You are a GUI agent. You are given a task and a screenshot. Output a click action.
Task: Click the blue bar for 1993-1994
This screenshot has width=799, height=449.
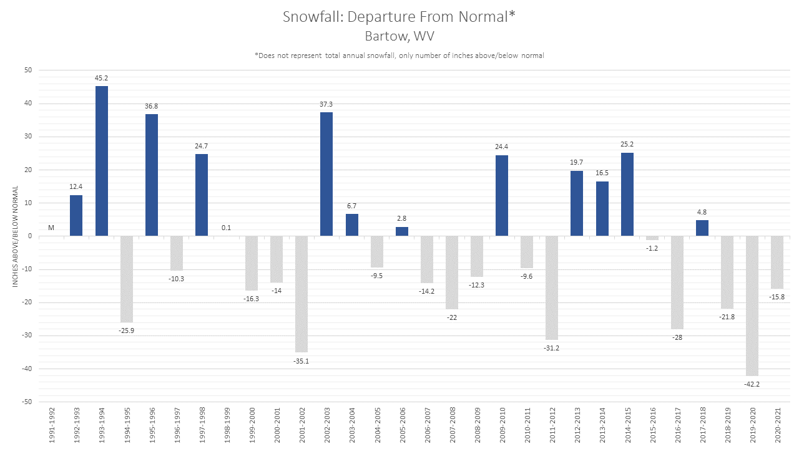pos(101,161)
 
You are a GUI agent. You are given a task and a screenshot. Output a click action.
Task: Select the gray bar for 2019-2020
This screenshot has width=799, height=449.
pos(752,306)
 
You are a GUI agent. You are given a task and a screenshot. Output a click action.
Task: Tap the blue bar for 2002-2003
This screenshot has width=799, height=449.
pos(326,174)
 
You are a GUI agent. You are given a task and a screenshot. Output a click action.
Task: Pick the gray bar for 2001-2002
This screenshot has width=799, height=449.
pos(301,294)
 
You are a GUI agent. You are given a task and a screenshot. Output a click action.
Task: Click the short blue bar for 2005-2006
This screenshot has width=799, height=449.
pos(402,231)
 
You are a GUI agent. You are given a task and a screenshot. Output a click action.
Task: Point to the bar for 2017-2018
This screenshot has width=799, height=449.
pos(702,228)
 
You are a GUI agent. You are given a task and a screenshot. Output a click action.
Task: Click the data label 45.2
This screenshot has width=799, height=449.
pos(101,79)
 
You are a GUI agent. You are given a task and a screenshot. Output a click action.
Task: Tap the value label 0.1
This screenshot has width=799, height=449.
pos(226,228)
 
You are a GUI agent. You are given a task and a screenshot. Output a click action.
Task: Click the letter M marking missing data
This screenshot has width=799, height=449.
pos(51,228)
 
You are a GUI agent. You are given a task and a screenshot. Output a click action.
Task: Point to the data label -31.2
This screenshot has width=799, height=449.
pos(552,347)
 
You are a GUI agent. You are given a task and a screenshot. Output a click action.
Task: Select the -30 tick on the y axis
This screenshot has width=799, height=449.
pos(27,336)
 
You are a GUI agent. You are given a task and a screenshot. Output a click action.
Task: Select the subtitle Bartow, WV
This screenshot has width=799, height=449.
pos(399,36)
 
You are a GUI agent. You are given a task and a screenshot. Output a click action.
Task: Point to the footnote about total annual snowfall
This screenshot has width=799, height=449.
pos(399,56)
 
